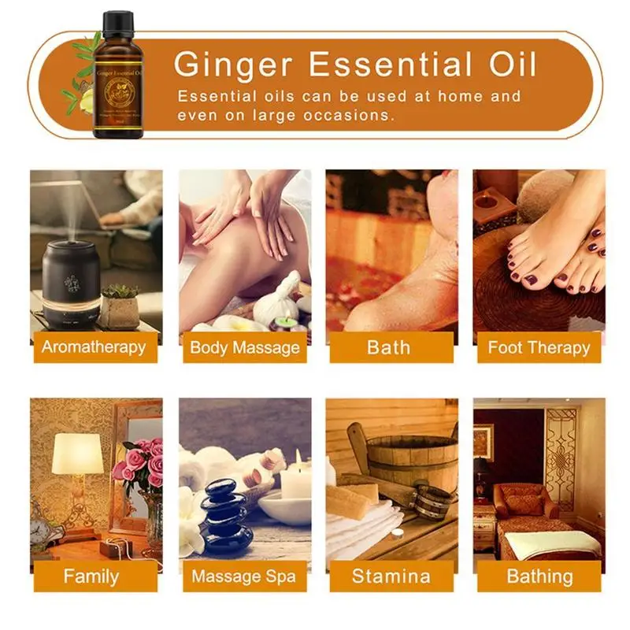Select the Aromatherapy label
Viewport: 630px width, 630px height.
pyautogui.click(x=94, y=347)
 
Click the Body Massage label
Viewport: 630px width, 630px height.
pyautogui.click(x=244, y=347)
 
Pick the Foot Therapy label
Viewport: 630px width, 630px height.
pyautogui.click(x=539, y=347)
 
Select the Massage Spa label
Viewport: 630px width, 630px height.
pyautogui.click(x=244, y=576)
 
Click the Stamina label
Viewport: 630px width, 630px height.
pyautogui.click(x=391, y=576)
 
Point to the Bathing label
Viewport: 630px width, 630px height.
pyautogui.click(x=539, y=576)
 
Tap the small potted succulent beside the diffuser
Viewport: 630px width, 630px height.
pyautogui.click(x=120, y=307)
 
